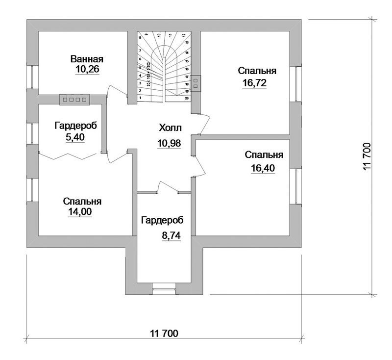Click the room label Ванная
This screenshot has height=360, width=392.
[87, 59]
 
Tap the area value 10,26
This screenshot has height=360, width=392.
[87, 70]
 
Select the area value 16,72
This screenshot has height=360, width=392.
[254, 82]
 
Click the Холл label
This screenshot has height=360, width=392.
[170, 128]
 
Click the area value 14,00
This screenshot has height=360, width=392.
[80, 211]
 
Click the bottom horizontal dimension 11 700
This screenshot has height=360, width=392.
[164, 334]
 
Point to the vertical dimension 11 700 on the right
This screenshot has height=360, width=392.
[368, 157]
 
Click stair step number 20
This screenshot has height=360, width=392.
[187, 98]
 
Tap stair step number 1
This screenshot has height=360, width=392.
[141, 98]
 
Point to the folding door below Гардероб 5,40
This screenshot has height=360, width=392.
[67, 155]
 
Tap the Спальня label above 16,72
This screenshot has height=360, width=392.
[257, 71]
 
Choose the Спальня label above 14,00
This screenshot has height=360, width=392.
[82, 201]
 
